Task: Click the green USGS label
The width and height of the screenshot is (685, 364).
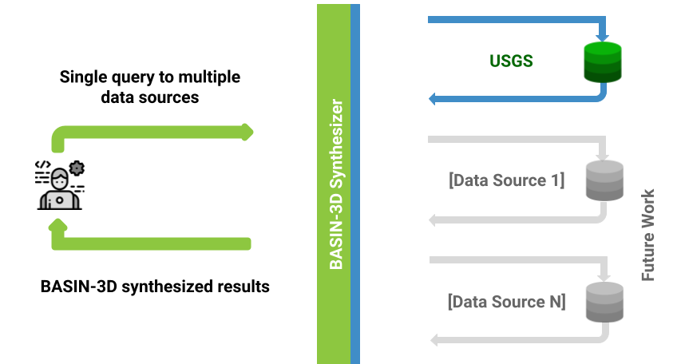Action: [510, 61]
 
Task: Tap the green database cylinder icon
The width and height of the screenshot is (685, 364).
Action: [602, 63]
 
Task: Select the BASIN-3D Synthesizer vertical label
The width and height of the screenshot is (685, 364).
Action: [336, 184]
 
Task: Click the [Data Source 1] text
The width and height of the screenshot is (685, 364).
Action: [507, 180]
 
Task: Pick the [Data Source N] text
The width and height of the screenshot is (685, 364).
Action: [507, 302]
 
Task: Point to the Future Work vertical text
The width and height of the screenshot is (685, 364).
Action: [648, 235]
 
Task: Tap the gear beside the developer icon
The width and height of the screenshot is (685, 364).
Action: [77, 168]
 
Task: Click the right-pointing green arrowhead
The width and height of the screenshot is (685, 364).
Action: [247, 131]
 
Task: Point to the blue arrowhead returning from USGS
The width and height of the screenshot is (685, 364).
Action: [433, 99]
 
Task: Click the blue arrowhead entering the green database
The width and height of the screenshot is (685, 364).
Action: [602, 37]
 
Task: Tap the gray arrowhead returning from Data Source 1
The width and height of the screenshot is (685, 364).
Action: [434, 220]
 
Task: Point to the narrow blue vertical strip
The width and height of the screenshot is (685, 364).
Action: [355, 184]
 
